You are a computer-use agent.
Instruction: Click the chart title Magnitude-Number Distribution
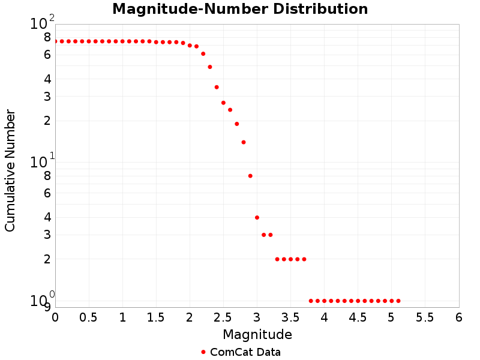tap(240, 9)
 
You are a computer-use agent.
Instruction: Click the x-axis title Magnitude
tap(257, 334)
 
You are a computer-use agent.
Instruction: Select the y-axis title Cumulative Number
tap(10, 170)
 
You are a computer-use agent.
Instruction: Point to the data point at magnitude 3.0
tap(257, 217)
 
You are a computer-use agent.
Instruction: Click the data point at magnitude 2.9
tap(250, 176)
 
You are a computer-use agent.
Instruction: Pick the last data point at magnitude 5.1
tap(398, 301)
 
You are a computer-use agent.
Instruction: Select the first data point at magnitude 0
tap(55, 41)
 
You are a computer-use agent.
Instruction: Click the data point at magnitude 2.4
tap(217, 87)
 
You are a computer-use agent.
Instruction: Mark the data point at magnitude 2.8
tap(244, 142)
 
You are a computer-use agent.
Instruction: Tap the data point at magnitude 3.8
tap(311, 301)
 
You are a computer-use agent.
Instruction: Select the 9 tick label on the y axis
tap(47, 307)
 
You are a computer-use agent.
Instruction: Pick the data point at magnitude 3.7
tap(304, 259)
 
